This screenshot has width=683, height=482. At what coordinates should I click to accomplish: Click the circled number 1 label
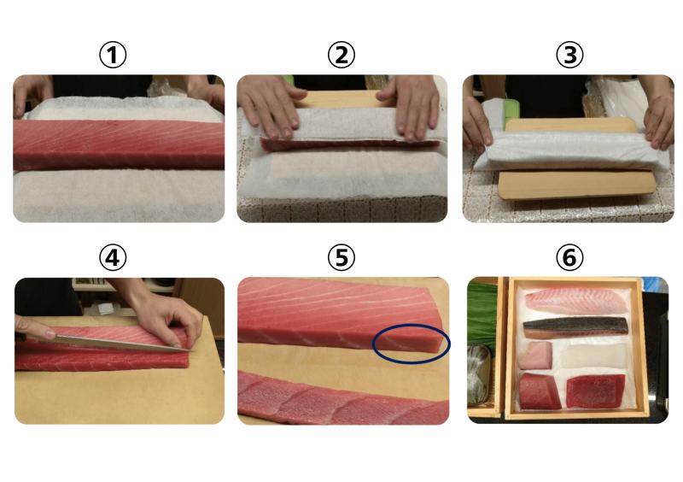[113, 55]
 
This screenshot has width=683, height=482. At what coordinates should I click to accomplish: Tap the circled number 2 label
[341, 55]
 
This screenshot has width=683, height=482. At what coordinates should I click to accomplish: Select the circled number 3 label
[569, 55]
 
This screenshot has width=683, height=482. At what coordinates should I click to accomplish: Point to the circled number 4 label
[113, 257]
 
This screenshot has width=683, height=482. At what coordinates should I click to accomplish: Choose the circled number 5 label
[341, 257]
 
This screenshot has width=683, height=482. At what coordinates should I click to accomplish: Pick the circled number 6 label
[569, 257]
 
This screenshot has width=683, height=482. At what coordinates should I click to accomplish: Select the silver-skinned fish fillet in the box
[575, 327]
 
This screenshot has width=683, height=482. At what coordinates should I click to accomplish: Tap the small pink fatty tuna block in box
[535, 355]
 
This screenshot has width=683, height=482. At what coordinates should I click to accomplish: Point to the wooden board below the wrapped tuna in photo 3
[575, 185]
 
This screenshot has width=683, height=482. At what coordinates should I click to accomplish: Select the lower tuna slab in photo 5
[343, 398]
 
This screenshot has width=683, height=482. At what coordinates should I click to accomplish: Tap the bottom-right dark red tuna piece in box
[595, 391]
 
